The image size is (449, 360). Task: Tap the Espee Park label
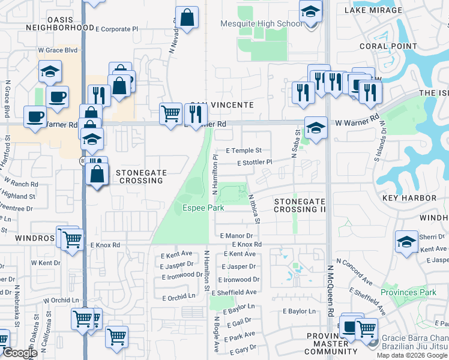point(203,208)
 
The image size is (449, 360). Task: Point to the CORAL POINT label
point(388,46)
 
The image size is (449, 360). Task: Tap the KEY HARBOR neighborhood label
point(406,197)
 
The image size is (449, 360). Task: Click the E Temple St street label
point(244,151)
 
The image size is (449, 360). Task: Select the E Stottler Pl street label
point(255,163)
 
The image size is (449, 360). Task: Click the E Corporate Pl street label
point(116,28)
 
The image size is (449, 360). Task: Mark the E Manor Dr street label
point(237,236)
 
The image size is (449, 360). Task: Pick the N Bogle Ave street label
point(216,331)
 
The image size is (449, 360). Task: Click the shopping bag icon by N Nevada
point(187,17)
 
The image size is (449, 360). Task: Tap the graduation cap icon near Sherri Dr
point(406,242)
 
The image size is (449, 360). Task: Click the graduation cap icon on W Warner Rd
point(316,127)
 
